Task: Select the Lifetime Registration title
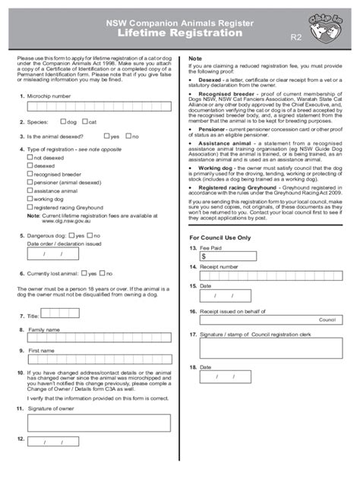[x=180, y=33]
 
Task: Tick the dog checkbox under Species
[x=63, y=121]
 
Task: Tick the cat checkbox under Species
[x=84, y=121]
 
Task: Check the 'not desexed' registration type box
[x=30, y=158]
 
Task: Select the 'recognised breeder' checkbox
[x=30, y=174]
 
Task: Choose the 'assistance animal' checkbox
[x=30, y=190]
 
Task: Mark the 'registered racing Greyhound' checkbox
[x=30, y=206]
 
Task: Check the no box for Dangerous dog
[x=90, y=235]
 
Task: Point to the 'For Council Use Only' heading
[x=219, y=237]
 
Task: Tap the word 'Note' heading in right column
[x=195, y=58]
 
